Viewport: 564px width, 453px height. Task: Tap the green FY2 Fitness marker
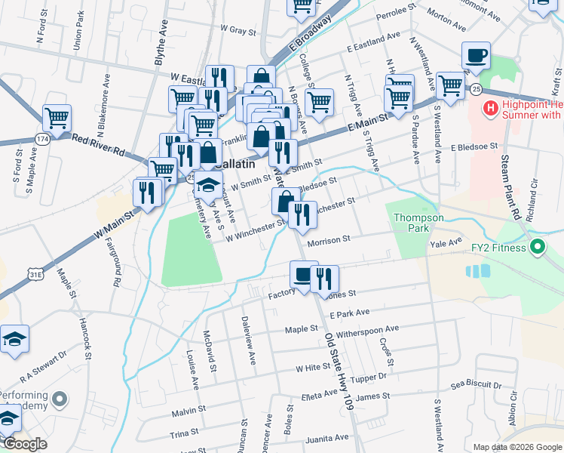(x=538, y=246)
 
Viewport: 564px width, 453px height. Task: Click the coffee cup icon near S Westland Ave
(x=476, y=56)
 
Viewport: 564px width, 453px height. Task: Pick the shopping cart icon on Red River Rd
(x=57, y=119)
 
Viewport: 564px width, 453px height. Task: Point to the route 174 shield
(x=42, y=140)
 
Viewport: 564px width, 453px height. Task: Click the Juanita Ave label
(x=327, y=438)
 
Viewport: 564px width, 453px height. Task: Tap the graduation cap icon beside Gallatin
(x=209, y=186)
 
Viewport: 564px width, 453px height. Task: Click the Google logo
(x=25, y=445)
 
